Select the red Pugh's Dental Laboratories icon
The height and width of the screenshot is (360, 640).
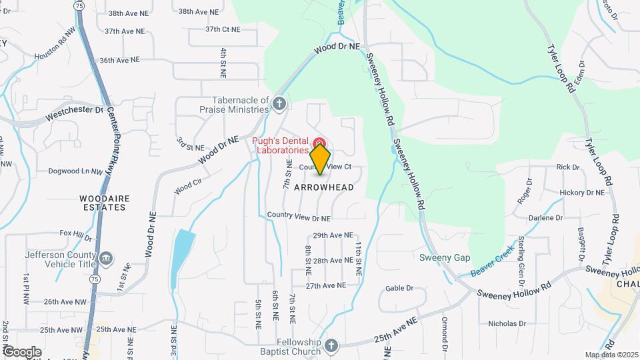point(319,143)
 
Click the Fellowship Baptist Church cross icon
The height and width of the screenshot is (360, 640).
point(332,345)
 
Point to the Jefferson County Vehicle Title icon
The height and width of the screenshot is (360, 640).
point(106,258)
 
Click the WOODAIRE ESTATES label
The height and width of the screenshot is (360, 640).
point(103,203)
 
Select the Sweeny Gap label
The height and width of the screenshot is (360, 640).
point(445,258)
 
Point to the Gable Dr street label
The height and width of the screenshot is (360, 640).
point(399,289)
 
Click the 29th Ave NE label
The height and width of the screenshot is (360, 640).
point(332,235)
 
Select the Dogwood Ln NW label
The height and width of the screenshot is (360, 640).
point(75,171)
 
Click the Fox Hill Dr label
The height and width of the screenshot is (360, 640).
point(75,234)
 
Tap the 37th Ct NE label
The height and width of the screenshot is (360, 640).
point(222,29)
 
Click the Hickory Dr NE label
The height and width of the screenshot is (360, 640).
point(582,193)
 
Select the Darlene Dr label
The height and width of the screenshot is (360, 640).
point(546,218)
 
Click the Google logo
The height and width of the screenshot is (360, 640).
point(21,351)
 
